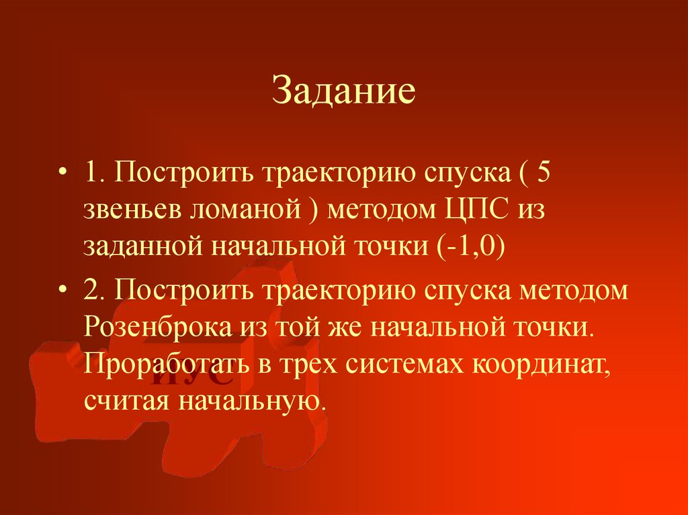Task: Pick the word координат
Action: tap(539, 367)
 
